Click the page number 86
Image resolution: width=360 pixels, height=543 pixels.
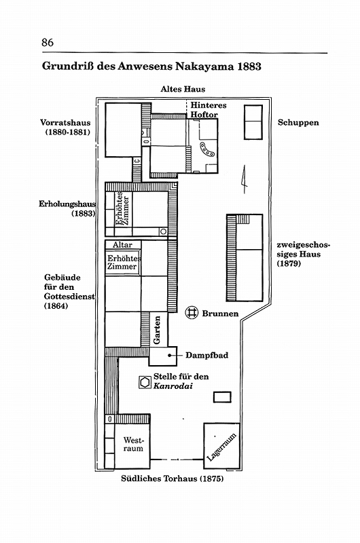click(48, 42)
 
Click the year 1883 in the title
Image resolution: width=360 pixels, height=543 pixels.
click(249, 66)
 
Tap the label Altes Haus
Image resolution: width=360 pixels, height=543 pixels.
click(183, 89)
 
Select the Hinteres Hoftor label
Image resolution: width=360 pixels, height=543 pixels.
click(209, 110)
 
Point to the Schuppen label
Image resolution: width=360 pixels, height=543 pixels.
click(298, 123)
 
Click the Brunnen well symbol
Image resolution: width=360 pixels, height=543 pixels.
click(191, 312)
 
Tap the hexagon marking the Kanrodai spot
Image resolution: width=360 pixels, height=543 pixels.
click(145, 382)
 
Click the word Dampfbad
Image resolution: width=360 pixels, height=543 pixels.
click(207, 355)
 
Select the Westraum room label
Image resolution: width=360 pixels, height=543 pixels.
click(133, 445)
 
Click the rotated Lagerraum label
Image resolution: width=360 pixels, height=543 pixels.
click(221, 447)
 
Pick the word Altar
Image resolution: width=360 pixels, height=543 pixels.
click(122, 245)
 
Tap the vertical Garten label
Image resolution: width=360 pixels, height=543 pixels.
click(157, 330)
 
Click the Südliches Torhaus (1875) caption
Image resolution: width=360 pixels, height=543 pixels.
click(173, 479)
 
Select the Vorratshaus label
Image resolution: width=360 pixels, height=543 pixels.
click(65, 123)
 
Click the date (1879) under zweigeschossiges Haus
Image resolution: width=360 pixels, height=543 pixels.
click(289, 263)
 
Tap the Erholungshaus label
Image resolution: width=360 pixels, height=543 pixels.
click(67, 204)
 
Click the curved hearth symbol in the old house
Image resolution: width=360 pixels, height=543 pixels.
click(207, 149)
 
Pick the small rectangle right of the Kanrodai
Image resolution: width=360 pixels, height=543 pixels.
click(222, 397)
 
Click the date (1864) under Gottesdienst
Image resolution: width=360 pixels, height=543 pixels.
click(56, 306)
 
